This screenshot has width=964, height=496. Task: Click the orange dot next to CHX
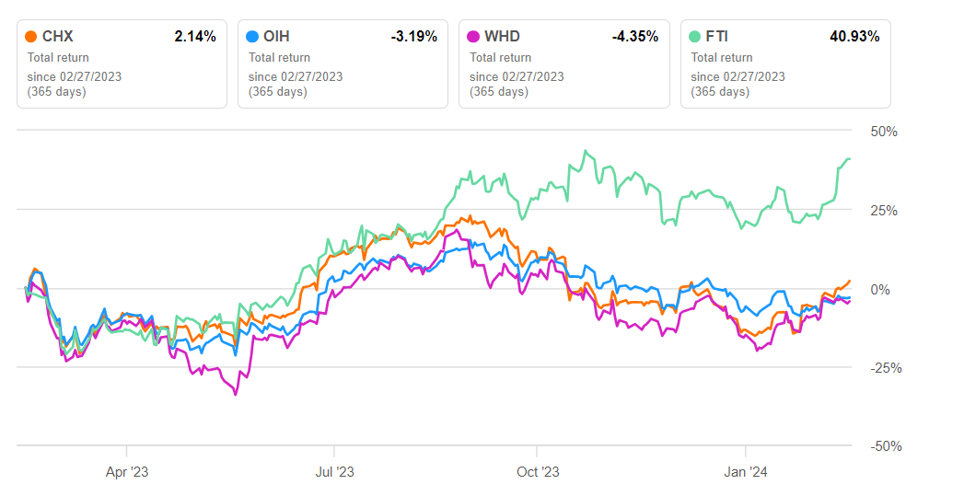coord(31,37)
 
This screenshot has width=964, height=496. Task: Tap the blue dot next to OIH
coord(252,37)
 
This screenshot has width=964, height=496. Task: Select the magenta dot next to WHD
coord(473,37)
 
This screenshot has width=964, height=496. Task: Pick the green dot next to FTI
coord(695,37)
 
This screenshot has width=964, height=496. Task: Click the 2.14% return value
coord(195,37)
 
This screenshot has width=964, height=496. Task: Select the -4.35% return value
coord(634,37)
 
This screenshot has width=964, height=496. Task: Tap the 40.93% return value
coord(855,37)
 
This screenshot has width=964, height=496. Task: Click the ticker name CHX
coord(58,37)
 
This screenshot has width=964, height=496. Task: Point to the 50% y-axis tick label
coord(884,132)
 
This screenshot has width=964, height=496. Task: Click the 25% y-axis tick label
coord(884,211)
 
